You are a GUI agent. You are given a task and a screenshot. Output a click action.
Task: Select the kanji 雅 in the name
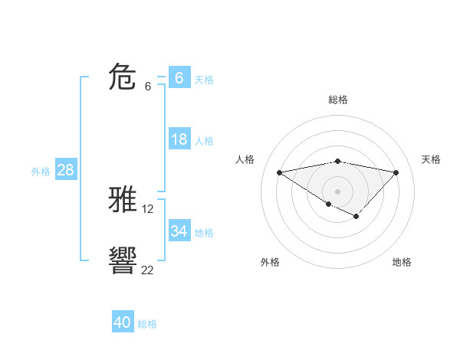[x=123, y=201]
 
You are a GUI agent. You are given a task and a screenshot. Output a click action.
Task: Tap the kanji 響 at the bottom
[x=123, y=261]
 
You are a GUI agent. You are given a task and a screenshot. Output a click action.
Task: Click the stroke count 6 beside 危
[x=147, y=87]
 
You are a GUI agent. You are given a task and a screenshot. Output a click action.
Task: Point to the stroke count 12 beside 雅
[x=148, y=209]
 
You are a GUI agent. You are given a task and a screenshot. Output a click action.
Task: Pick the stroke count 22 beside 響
[x=147, y=270]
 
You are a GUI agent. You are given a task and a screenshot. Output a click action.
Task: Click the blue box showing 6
[x=179, y=77]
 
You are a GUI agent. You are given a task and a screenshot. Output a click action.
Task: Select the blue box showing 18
[x=179, y=139]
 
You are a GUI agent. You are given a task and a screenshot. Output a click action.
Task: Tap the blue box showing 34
[x=179, y=231]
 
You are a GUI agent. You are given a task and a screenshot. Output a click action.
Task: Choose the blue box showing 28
[x=65, y=170]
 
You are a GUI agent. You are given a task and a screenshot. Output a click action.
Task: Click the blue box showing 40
[x=123, y=322]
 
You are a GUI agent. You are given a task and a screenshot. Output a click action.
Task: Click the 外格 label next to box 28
[x=41, y=172]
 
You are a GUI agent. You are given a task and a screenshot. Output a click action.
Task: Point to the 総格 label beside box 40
[x=147, y=324]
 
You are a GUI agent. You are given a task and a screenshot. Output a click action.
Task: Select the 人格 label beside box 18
[x=204, y=141]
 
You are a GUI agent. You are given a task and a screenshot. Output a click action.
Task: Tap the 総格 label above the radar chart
[x=337, y=100]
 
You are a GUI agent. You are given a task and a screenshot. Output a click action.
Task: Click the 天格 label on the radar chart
[x=431, y=159]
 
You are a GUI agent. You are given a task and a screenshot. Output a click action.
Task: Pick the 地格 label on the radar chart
[x=402, y=262]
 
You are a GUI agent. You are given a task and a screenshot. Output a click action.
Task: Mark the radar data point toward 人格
[x=280, y=172]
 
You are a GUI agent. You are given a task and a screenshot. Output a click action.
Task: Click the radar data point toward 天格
[x=396, y=172]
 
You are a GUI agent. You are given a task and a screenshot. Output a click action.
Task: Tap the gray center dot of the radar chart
[x=337, y=191]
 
